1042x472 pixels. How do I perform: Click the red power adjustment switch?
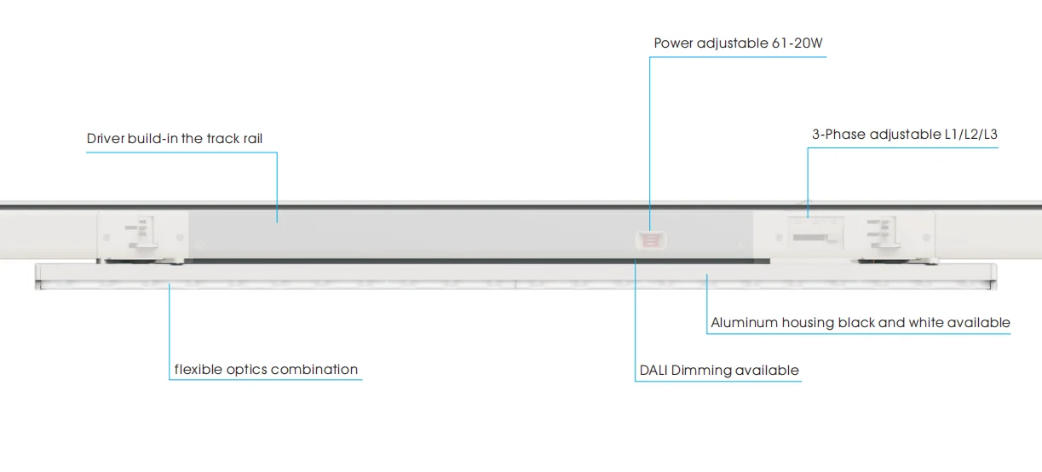pos(650,239)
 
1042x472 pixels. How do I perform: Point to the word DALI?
pos(653,371)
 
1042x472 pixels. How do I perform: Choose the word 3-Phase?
pos(838,135)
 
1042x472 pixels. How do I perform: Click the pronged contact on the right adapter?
pos(883,233)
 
